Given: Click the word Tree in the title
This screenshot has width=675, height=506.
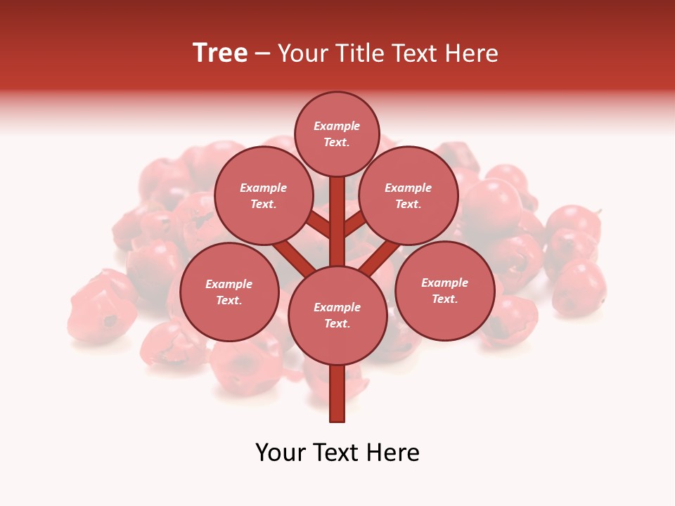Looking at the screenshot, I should (x=220, y=53).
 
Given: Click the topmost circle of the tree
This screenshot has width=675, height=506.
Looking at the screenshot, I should (x=337, y=134).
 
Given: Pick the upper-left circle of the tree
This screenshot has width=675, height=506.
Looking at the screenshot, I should (x=264, y=196).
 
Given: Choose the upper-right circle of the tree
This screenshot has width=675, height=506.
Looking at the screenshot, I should (x=409, y=196).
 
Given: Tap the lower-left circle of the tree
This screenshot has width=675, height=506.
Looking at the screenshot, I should (x=229, y=292).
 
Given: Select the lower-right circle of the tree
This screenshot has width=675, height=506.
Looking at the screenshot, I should (x=444, y=291).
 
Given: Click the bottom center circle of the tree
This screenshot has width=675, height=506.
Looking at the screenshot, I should (x=337, y=316).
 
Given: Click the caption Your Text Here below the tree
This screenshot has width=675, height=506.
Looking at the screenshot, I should (x=337, y=453).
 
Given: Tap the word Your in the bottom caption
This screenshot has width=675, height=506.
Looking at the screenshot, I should (x=280, y=453).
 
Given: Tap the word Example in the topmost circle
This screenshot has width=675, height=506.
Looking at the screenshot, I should (x=337, y=126).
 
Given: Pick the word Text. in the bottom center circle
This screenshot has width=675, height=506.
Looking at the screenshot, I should (x=337, y=324).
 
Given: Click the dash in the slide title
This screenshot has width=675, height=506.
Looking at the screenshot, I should (x=263, y=53).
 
